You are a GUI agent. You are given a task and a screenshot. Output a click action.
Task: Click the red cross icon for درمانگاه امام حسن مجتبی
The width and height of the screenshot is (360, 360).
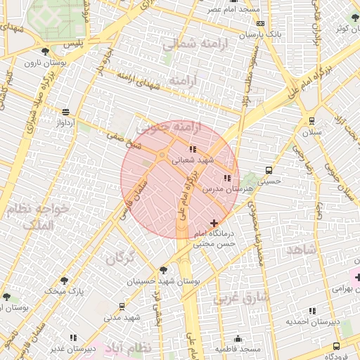(x=214, y=223)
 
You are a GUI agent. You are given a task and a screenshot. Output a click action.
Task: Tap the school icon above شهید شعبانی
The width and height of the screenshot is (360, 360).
(x=193, y=149)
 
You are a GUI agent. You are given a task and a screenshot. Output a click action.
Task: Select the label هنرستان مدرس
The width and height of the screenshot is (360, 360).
(x=218, y=189)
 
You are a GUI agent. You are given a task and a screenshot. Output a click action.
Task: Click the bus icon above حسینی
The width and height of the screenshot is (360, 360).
(x=269, y=170)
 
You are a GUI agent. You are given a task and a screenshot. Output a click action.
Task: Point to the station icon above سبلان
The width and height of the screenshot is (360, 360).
(x=311, y=120)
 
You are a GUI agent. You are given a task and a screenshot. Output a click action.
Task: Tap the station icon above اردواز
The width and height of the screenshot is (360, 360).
(x=65, y=112)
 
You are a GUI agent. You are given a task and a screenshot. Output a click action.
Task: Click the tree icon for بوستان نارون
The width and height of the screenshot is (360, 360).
(x=46, y=51)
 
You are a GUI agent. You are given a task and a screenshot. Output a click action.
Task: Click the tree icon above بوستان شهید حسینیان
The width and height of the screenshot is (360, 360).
(x=164, y=269)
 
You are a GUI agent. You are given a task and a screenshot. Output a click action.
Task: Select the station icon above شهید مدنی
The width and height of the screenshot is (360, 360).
(x=122, y=307)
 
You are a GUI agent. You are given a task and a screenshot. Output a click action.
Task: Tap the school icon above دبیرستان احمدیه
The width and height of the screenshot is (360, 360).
(x=312, y=310)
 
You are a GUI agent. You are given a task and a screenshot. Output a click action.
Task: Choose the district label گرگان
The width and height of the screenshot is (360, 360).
(x=120, y=258)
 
